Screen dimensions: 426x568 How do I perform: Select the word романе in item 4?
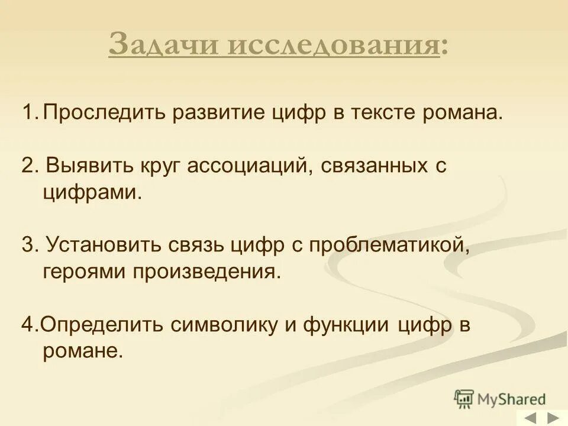point(83,351)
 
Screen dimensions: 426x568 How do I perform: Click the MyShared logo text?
point(512,399)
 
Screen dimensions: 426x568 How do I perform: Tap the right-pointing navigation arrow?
point(553,418)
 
